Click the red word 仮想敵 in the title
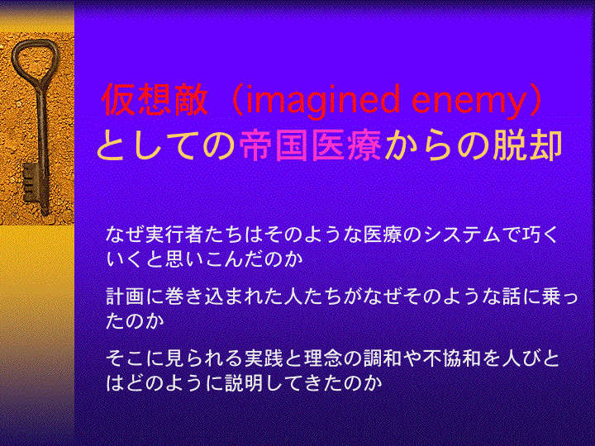[x=155, y=100]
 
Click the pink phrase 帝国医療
[x=311, y=145]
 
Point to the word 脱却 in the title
[x=527, y=145]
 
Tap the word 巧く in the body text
[x=540, y=235]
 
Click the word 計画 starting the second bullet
[x=125, y=297]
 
